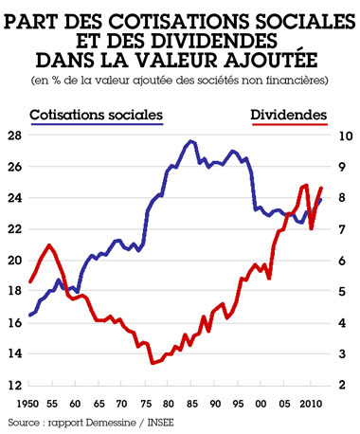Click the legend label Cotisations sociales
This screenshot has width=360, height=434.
tap(97, 115)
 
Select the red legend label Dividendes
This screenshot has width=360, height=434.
tap(289, 115)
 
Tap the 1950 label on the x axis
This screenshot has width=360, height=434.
tap(21, 404)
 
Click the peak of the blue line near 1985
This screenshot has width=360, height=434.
tap(191, 141)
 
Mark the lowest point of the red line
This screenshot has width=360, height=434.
tap(152, 363)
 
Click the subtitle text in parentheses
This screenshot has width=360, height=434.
tap(180, 80)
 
